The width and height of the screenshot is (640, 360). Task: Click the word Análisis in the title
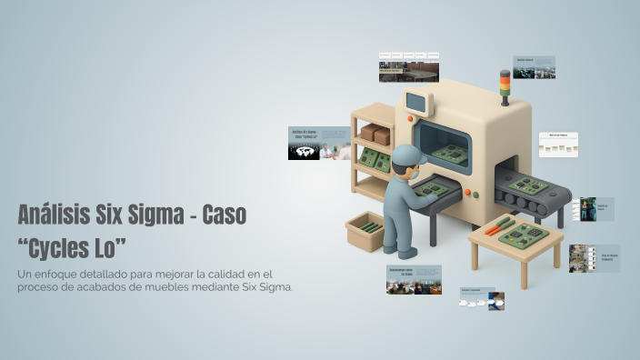pyautogui.click(x=52, y=216)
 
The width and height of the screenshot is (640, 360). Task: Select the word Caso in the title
pyautogui.click(x=224, y=216)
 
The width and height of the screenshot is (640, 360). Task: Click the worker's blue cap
pyautogui.click(x=406, y=155)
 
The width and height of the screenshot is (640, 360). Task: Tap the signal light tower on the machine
pyautogui.click(x=505, y=85)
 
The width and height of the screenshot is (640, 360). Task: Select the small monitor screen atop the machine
pyautogui.click(x=416, y=102)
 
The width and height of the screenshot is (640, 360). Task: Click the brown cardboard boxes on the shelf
pyautogui.click(x=375, y=135)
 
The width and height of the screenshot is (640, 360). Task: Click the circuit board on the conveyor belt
pyautogui.click(x=527, y=185)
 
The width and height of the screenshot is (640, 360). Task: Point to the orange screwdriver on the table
pyautogui.click(x=499, y=225)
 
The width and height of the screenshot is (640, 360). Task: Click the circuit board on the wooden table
pyautogui.click(x=525, y=235)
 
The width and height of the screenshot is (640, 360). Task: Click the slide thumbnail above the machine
pyautogui.click(x=409, y=66)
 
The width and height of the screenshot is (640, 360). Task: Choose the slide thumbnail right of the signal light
pyautogui.click(x=534, y=67)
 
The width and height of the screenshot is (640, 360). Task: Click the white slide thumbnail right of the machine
pyautogui.click(x=558, y=145)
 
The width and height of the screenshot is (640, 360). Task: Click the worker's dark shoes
pyautogui.click(x=399, y=252)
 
